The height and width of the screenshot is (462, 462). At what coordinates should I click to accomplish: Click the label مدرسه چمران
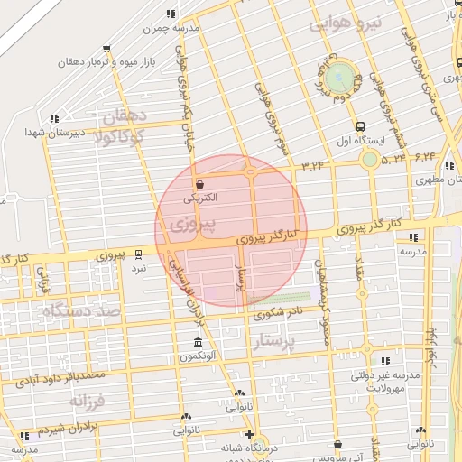coord(171,29)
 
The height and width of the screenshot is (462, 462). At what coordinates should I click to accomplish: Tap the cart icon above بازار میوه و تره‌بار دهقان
coord(107,49)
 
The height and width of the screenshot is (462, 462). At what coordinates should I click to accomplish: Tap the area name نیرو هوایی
coord(347,23)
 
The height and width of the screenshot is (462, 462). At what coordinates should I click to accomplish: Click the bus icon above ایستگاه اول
coord(361,127)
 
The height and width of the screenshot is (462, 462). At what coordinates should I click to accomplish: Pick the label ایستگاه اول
coord(361,142)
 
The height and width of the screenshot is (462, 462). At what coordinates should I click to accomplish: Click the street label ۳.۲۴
coord(313,164)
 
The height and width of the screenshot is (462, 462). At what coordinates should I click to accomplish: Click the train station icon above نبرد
coord(138,254)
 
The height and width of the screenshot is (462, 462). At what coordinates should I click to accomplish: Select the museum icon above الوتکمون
coord(198,342)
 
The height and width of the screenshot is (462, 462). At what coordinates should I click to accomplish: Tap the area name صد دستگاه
coord(80,311)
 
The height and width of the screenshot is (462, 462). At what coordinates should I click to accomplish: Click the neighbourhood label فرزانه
coord(88,399)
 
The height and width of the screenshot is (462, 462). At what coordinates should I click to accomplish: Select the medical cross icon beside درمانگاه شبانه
coord(249,434)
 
